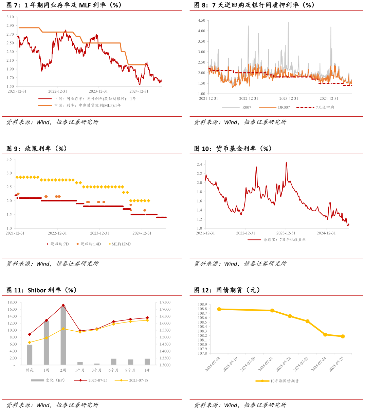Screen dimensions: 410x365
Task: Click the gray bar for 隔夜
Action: click(30, 355)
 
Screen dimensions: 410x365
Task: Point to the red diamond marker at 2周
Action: click(63, 305)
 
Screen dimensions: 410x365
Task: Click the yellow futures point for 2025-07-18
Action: click(219, 309)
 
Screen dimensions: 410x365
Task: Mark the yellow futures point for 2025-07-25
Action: click(343, 336)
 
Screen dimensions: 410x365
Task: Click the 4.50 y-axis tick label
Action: click(201, 20)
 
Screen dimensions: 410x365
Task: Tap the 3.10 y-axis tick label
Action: click(10, 17)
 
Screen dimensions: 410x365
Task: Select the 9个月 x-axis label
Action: click(130, 370)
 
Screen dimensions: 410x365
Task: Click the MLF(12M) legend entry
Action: click(121, 244)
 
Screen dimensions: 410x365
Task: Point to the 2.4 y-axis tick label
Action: click(199, 164)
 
